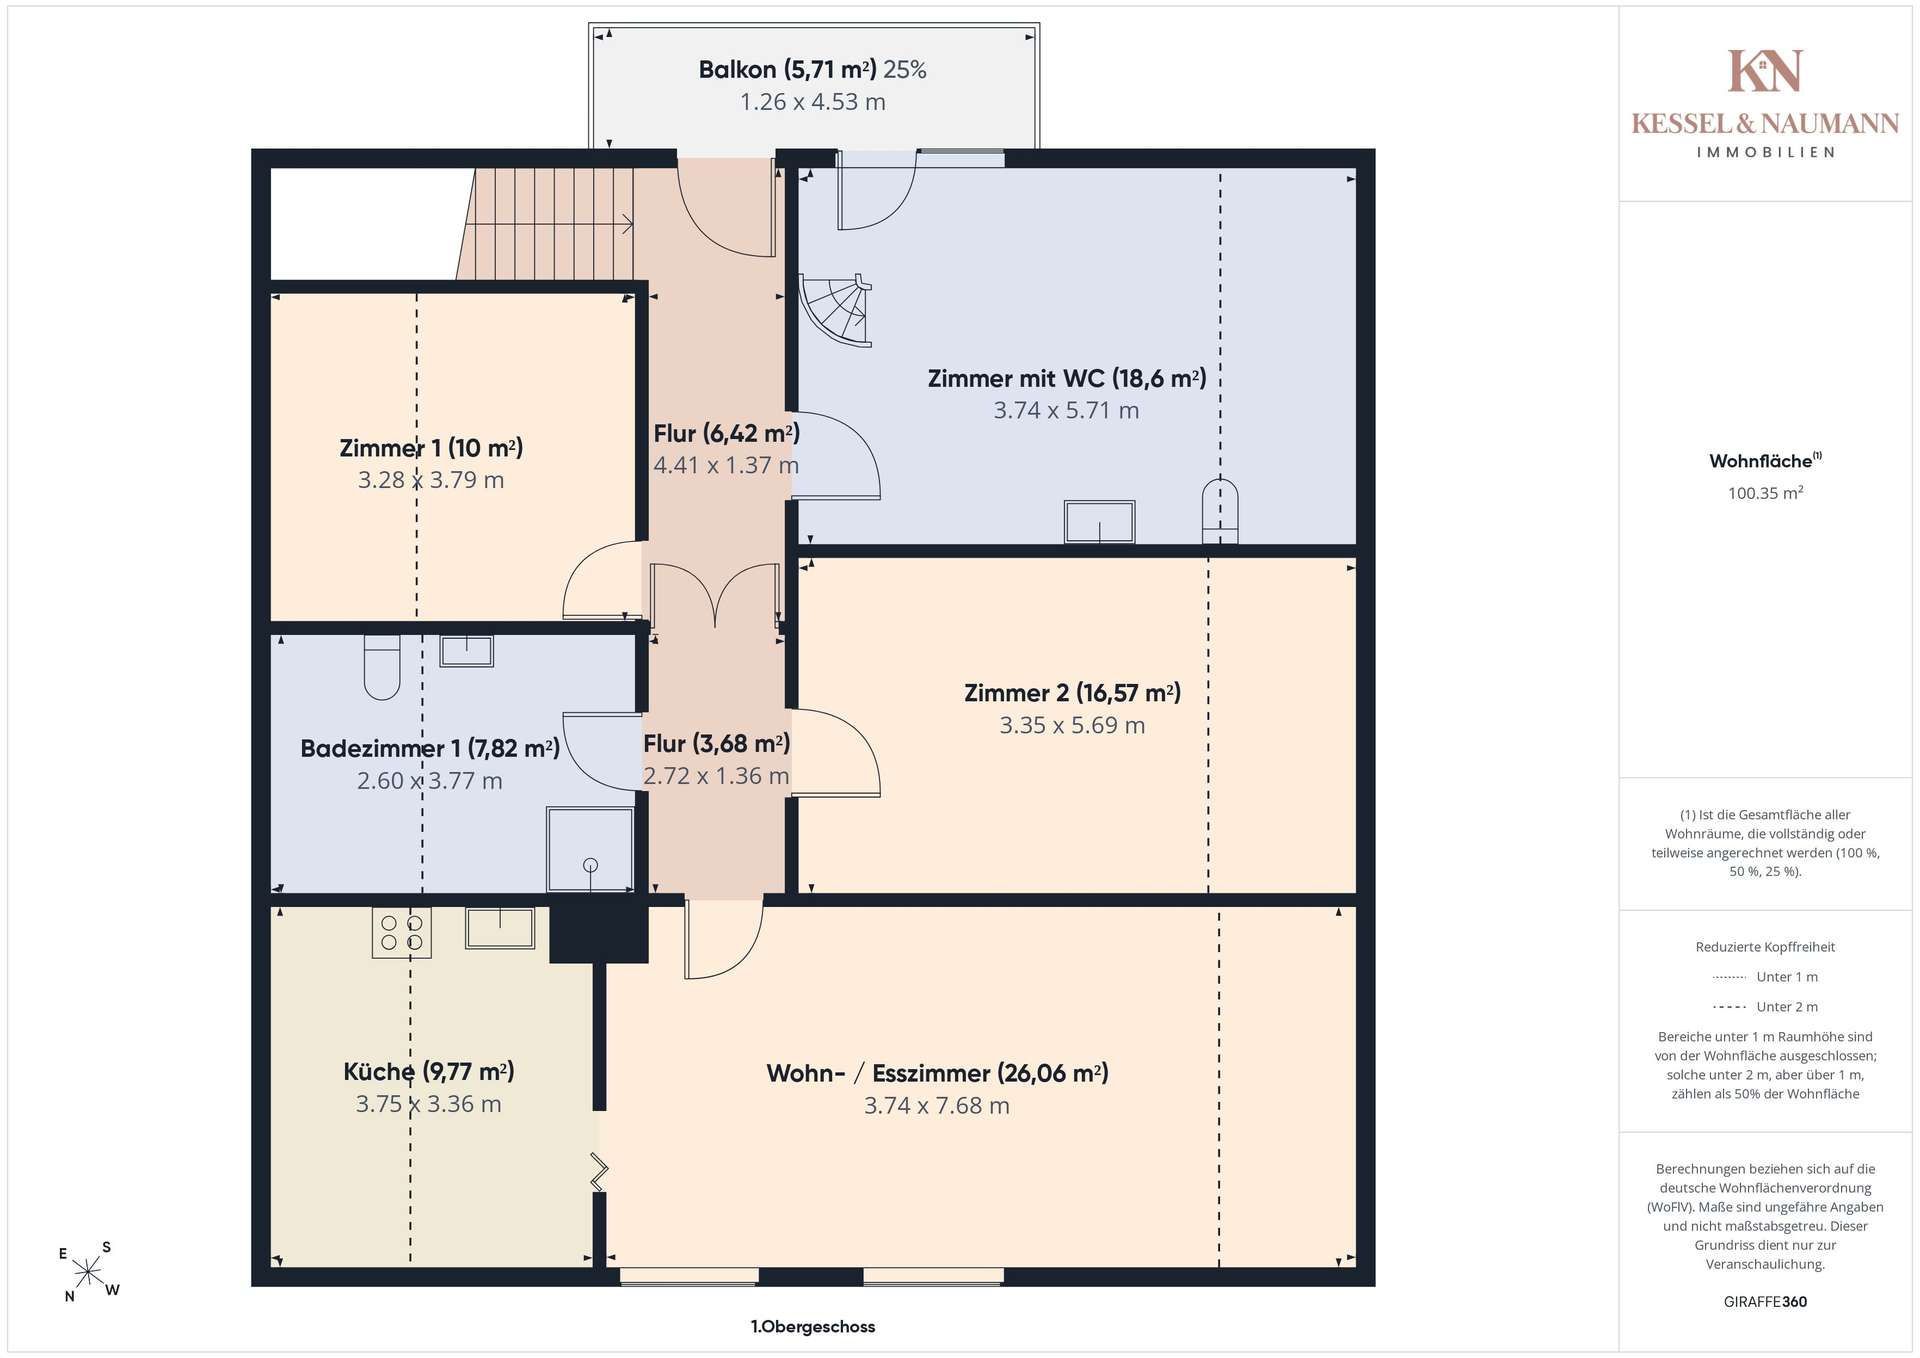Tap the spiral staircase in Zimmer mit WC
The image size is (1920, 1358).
(836, 310)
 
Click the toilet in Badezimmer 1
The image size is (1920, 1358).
(382, 667)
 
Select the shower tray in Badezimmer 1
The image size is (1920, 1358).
(590, 849)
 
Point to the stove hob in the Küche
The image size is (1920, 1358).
(402, 932)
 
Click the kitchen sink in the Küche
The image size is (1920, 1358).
(500, 927)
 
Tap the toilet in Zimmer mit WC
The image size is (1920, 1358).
(1220, 511)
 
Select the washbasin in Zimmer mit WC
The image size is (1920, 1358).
(1099, 522)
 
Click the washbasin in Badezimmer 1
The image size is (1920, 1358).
(467, 651)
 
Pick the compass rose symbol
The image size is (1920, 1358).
(89, 1272)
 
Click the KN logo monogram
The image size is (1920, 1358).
(1765, 70)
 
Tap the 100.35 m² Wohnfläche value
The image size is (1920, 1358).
(1765, 493)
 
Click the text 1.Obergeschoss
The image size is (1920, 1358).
(813, 1327)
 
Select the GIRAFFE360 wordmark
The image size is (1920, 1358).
(1765, 1302)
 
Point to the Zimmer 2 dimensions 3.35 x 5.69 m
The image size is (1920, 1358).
(1072, 725)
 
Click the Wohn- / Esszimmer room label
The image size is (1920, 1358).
(937, 1073)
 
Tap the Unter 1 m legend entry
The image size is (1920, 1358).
(1765, 977)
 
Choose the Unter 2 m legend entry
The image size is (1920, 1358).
(1765, 1007)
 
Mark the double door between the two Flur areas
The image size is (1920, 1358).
(715, 597)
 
